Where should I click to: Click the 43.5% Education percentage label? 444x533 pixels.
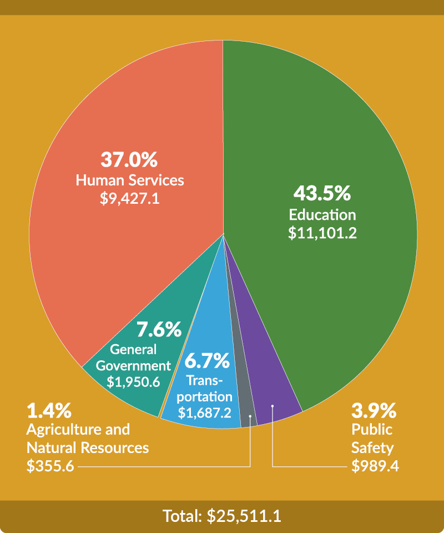[322, 194]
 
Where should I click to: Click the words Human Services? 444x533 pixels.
[130, 180]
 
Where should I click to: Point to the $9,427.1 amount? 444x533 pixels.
[130, 199]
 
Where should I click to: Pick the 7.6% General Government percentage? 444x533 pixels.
[159, 330]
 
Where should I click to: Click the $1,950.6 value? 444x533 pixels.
[133, 382]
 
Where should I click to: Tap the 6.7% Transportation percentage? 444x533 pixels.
[207, 361]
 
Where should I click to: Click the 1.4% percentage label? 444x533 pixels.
[49, 411]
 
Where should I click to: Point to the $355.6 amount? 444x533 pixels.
[50, 466]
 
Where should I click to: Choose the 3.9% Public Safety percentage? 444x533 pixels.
[374, 411]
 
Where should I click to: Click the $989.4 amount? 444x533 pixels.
[375, 466]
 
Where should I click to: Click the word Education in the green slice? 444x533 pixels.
[322, 214]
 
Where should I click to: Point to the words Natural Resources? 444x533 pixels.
[88, 447]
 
